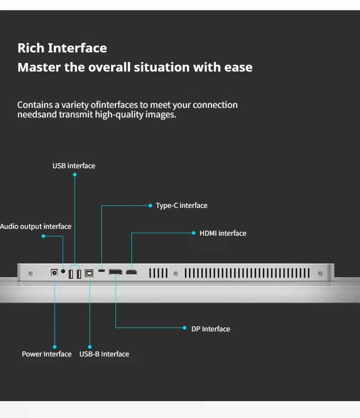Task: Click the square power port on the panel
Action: [54, 273]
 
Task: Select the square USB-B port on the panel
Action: [89, 273]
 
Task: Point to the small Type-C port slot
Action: [102, 271]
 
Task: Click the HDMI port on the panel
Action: [132, 272]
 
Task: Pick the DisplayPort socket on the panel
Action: [115, 272]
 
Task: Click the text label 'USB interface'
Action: [74, 165]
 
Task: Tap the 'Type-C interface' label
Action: [181, 206]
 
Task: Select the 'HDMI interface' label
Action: [223, 233]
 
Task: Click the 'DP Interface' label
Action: [211, 329]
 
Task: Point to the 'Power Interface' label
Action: [46, 354]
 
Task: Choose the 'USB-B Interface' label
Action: [104, 354]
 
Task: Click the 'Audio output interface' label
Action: [36, 227]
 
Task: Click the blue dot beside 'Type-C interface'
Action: [150, 206]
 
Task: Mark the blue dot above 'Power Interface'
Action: [55, 347]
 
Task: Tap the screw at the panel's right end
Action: [320, 274]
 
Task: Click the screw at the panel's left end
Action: [30, 274]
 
